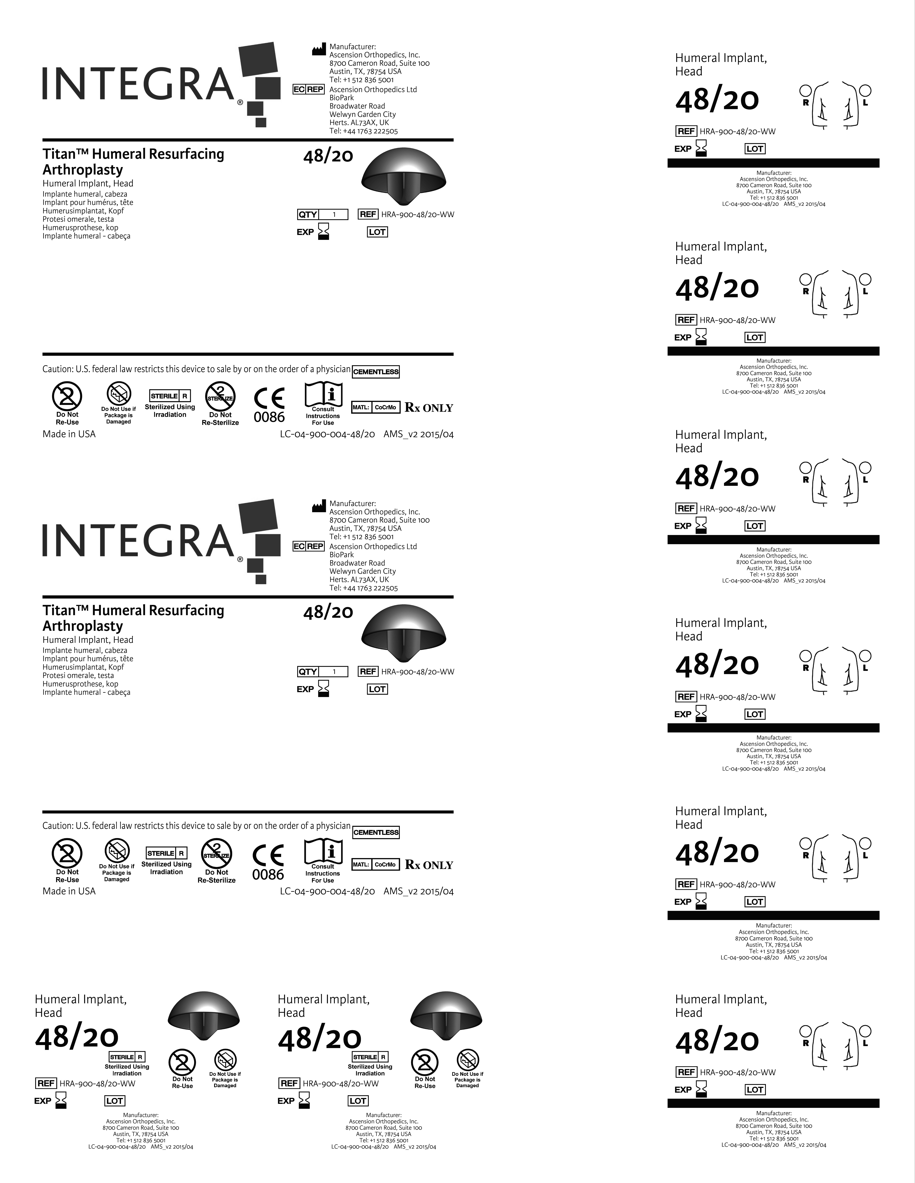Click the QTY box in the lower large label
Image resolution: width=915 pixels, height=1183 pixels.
click(322, 672)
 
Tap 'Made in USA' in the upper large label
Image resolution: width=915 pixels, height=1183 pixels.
click(69, 434)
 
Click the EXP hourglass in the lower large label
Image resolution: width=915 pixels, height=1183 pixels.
click(324, 689)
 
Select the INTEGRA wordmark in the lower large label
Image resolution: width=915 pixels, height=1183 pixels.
click(138, 541)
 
